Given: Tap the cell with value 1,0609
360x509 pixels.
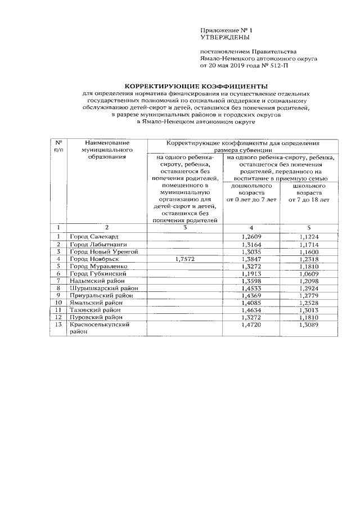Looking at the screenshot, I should point(309,274).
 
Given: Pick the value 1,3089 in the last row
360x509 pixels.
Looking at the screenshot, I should point(309,325).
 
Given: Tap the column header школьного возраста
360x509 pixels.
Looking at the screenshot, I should point(309,192).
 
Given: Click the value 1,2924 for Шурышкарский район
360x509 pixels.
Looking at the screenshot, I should point(309,289).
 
